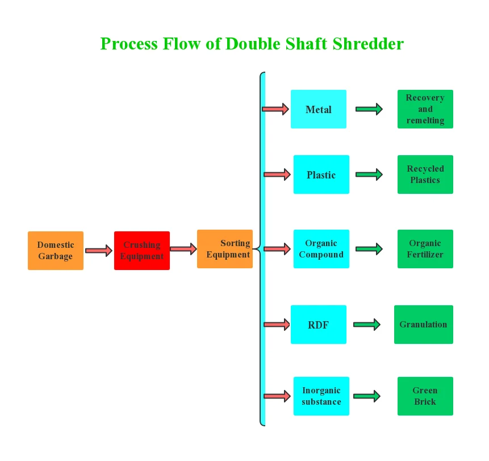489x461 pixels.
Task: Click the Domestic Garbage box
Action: (x=56, y=251)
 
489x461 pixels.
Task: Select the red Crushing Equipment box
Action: (x=142, y=251)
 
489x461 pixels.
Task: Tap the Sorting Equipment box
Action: (x=225, y=249)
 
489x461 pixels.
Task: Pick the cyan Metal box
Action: (x=319, y=109)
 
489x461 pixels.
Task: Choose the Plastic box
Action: (x=321, y=175)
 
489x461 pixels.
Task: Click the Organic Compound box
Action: (x=321, y=249)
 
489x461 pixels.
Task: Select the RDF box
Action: (x=319, y=325)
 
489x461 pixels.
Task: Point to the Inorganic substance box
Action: (x=321, y=396)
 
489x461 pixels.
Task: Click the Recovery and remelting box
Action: (x=425, y=109)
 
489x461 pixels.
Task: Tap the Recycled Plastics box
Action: (x=425, y=175)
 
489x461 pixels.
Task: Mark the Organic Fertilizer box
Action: (x=425, y=249)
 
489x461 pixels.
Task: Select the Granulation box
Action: (x=424, y=325)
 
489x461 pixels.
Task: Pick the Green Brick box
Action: (x=425, y=396)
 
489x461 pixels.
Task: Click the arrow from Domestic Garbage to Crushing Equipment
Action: (x=99, y=251)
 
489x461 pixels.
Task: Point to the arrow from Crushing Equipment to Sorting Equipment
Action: (x=183, y=248)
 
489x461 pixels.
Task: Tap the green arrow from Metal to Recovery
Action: (x=369, y=109)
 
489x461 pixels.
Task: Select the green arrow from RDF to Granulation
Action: (x=367, y=325)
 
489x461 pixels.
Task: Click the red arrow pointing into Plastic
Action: (x=277, y=175)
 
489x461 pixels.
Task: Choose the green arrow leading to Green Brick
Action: (x=367, y=396)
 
